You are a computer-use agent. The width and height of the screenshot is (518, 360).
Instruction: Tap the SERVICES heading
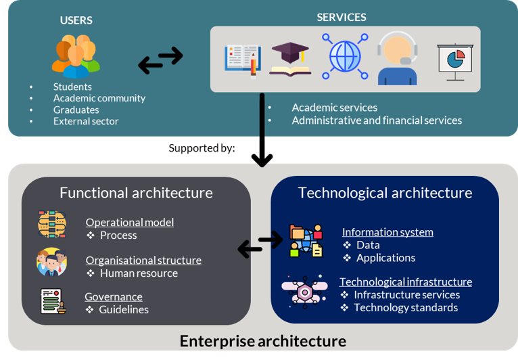[342, 17]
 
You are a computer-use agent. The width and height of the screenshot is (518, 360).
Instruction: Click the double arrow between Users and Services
[160, 60]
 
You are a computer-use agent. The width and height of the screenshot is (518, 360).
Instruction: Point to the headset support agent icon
[398, 59]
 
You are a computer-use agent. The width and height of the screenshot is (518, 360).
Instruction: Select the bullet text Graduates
[76, 110]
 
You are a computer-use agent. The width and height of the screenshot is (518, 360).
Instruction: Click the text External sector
[86, 121]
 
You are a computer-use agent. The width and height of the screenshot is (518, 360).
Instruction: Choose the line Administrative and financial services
[377, 120]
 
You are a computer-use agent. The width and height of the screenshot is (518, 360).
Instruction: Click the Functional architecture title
[136, 193]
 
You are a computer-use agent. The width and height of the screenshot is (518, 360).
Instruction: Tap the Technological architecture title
[385, 193]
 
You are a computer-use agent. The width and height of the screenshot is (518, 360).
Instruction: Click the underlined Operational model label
[129, 222]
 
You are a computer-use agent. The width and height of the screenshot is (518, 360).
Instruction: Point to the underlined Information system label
[387, 232]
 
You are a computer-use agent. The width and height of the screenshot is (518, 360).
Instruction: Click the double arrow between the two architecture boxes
[260, 244]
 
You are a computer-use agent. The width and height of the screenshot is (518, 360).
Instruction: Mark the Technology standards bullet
[406, 308]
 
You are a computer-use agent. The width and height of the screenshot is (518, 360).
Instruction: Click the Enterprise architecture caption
[262, 341]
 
